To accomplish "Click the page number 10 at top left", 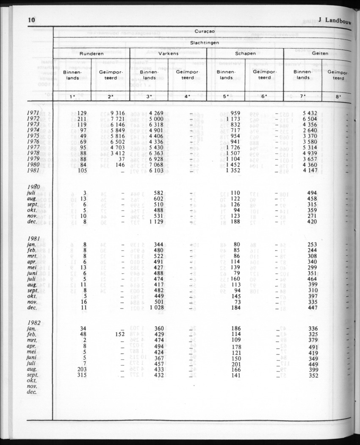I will [x=31, y=19].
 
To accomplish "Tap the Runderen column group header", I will [x=91, y=54].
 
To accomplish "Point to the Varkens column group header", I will [x=168, y=54].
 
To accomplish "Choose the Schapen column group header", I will [x=245, y=54].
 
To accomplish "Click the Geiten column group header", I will [x=320, y=54].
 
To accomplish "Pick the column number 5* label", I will [x=226, y=96].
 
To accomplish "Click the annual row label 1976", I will [x=33, y=142].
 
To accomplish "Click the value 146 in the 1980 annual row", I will [x=120, y=164].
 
